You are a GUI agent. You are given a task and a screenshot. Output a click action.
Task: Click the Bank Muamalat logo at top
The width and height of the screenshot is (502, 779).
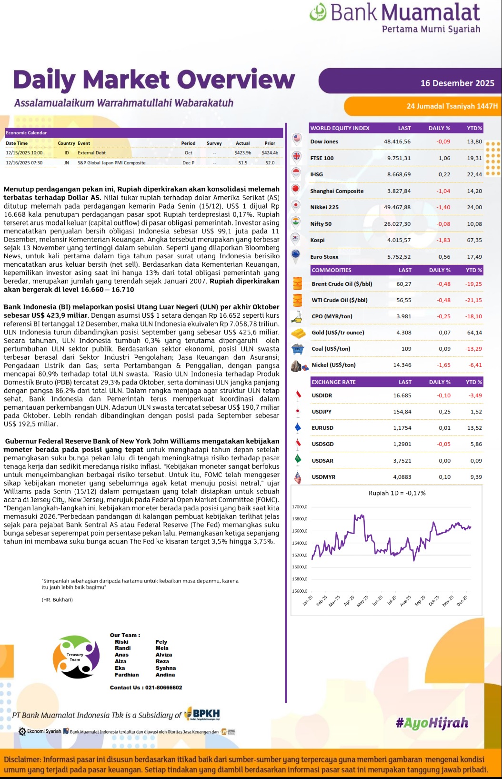394,18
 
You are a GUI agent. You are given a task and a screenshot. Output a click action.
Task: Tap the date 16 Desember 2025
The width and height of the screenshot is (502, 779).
457,83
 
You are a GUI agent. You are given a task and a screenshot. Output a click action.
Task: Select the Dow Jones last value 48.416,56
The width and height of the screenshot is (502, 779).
397,142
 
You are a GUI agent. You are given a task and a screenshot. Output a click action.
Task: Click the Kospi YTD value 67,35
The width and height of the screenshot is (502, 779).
474,240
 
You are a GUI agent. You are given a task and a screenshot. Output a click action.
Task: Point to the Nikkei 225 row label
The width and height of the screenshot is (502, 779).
324,207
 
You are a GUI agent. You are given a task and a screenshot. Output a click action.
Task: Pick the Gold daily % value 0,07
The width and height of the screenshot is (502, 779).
444,333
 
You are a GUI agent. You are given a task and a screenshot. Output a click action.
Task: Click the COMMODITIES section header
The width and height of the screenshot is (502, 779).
331,270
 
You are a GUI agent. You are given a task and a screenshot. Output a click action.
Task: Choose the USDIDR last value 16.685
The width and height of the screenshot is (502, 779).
402,395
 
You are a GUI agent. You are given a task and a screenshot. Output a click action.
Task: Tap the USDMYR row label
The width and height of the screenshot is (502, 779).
323,477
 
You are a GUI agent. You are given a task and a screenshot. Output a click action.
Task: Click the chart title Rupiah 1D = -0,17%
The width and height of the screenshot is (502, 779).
397,493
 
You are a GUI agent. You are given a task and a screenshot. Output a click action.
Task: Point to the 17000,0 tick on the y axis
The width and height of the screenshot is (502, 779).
300,507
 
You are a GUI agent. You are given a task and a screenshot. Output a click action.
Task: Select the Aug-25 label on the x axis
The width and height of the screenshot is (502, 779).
405,601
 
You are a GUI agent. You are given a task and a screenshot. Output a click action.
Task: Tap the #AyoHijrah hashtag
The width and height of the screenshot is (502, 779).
432,723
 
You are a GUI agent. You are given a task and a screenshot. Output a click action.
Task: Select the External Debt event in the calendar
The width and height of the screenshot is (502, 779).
91,153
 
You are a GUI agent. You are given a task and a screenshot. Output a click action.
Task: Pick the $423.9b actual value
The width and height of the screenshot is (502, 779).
242,153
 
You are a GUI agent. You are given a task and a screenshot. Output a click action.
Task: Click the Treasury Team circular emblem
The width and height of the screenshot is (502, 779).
76,657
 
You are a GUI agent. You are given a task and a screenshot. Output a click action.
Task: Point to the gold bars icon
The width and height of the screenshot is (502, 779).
298,333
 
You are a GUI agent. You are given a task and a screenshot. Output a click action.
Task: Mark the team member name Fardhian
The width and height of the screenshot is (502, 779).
127,675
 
